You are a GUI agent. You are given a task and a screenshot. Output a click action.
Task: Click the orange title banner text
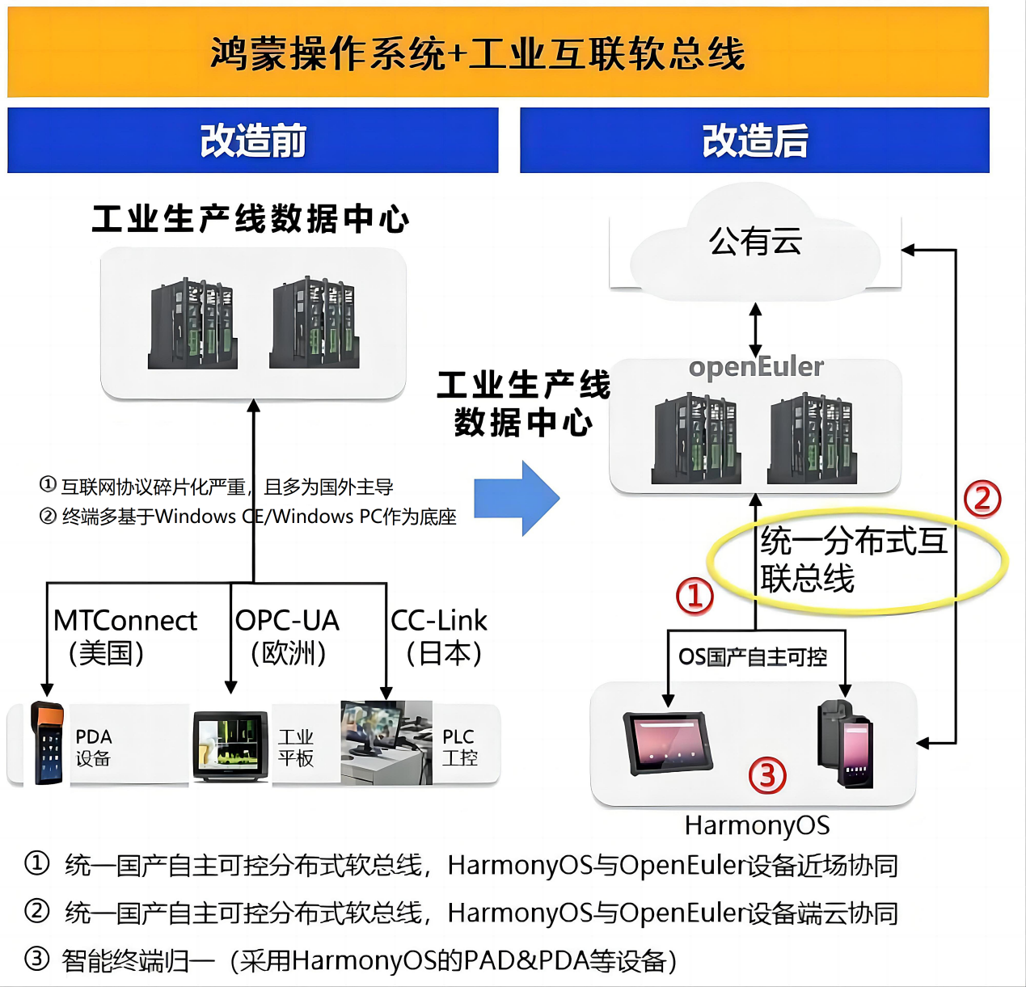(x=477, y=53)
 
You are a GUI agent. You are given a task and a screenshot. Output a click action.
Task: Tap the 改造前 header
(x=253, y=141)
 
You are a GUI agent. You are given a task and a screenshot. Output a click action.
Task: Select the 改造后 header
(x=754, y=141)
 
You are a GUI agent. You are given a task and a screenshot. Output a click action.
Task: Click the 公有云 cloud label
(x=755, y=241)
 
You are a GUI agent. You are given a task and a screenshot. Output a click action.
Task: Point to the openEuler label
(x=756, y=367)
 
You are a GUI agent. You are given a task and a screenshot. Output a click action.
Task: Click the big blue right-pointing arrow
(x=517, y=499)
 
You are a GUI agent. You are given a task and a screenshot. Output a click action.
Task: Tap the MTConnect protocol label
(x=125, y=621)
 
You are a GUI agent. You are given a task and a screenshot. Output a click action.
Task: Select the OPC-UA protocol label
(x=287, y=621)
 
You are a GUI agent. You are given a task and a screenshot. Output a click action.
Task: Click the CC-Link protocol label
(x=439, y=621)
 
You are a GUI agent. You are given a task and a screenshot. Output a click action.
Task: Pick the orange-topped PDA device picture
(x=47, y=743)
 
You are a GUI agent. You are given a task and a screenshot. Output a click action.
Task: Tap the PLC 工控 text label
(x=459, y=747)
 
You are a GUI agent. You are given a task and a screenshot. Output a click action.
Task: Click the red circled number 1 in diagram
(x=695, y=596)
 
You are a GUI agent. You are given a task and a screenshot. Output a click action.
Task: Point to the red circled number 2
(x=982, y=499)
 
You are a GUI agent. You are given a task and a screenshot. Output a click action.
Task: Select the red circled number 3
(x=767, y=775)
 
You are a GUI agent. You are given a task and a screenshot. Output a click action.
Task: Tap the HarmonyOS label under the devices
(x=757, y=825)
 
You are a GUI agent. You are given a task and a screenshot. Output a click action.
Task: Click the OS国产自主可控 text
(x=753, y=657)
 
